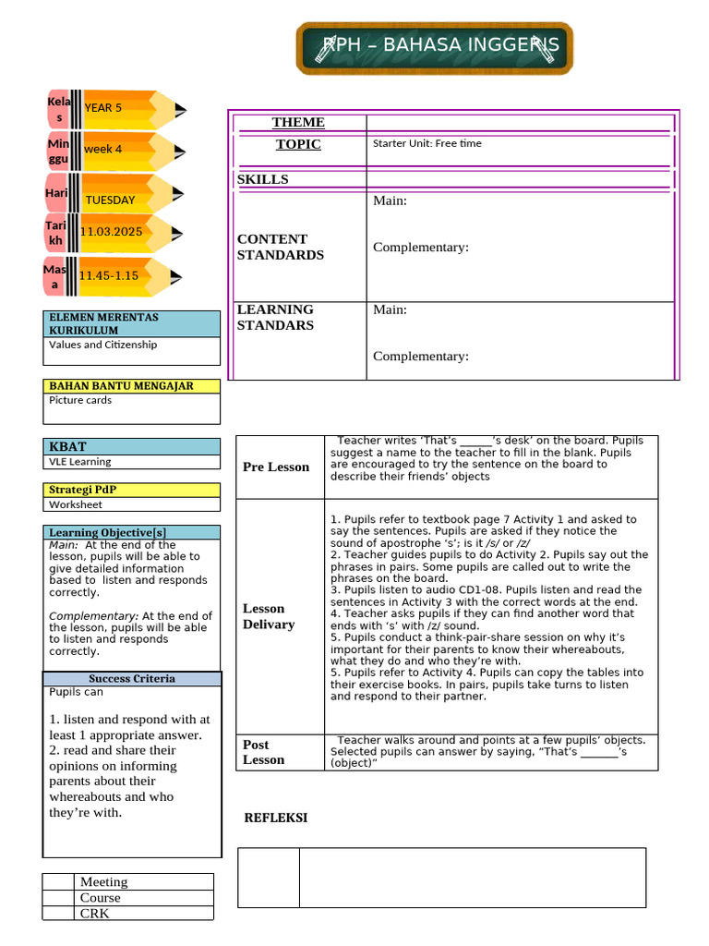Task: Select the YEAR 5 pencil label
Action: point(102,108)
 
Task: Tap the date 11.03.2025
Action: point(111,232)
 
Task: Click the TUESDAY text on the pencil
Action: point(110,200)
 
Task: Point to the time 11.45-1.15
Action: point(108,275)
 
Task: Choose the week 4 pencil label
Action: point(102,149)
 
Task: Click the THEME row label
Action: point(298,123)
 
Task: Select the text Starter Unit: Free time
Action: point(427,143)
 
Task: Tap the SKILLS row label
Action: point(262,179)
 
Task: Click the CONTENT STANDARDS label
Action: point(280,247)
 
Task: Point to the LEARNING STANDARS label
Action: point(275,317)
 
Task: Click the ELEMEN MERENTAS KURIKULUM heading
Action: point(103,323)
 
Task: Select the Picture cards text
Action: point(80,400)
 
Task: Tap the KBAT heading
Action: point(67,446)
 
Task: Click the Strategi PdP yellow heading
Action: point(83,490)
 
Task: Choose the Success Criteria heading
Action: point(131,678)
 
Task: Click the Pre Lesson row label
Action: point(276,467)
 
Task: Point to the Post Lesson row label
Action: point(263,752)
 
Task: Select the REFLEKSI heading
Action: point(275,818)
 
